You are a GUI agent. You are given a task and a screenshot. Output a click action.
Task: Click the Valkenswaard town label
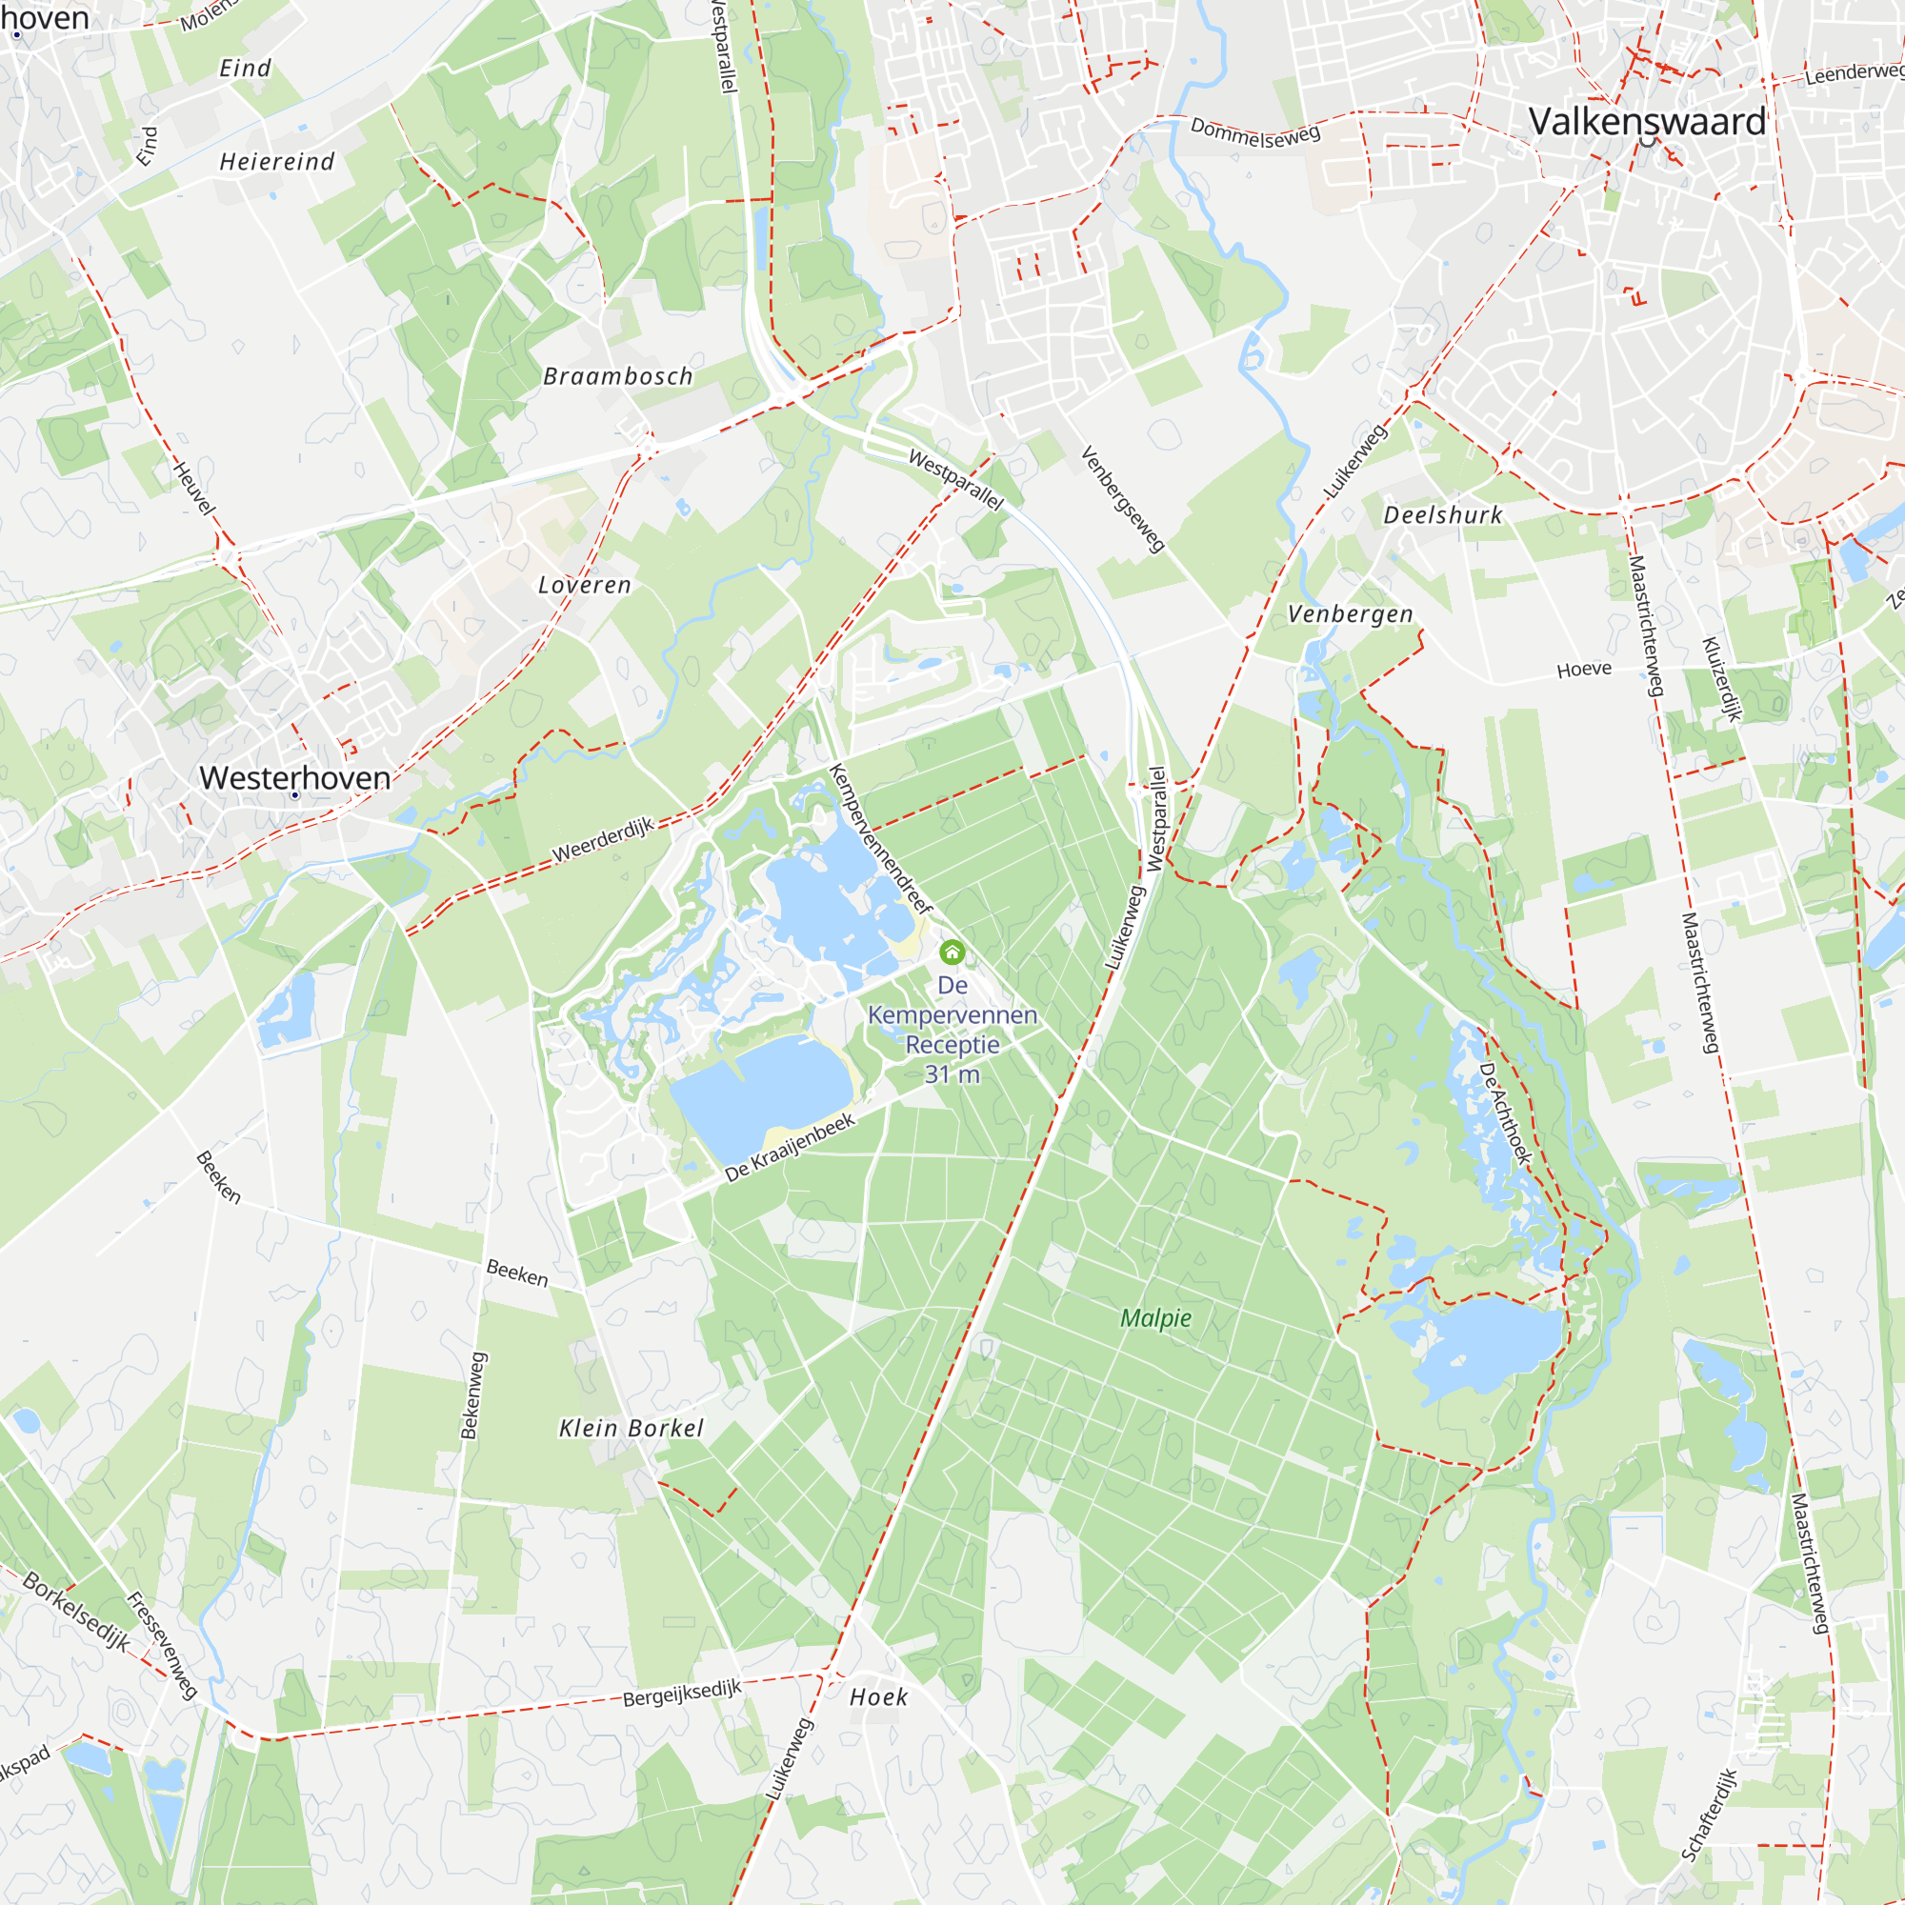(x=1647, y=122)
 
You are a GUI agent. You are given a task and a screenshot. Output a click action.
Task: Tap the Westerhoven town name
(x=295, y=778)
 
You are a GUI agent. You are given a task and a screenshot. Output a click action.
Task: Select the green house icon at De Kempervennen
(x=952, y=952)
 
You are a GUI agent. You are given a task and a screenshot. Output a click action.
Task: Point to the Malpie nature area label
(x=1155, y=1318)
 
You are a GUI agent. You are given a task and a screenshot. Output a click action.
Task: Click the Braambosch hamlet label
(x=618, y=376)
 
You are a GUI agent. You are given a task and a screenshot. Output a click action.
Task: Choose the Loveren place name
(x=585, y=586)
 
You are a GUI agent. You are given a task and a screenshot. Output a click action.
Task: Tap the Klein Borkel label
(x=632, y=1429)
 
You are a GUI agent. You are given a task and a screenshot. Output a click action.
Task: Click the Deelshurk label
(x=1442, y=515)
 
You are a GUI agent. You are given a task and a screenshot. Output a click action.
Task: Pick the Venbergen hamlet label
(x=1350, y=615)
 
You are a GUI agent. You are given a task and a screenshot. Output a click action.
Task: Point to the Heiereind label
(x=277, y=163)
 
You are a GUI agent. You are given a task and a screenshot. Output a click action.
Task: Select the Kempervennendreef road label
(x=880, y=839)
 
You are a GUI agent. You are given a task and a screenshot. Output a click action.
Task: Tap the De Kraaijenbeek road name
(x=790, y=1148)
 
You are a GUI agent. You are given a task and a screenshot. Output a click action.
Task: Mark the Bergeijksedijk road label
(x=681, y=1694)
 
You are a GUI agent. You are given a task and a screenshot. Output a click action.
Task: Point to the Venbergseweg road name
(x=1122, y=499)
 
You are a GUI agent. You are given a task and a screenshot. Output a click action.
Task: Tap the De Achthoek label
(x=1505, y=1114)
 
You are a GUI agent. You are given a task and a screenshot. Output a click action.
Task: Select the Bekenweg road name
(x=474, y=1395)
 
